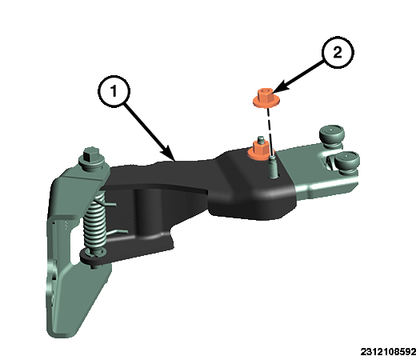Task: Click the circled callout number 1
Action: pos(114,91)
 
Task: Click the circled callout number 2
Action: pos(338,52)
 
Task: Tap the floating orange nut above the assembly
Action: pos(266,98)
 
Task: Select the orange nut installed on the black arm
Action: pos(259,151)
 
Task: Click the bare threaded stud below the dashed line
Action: pos(274,168)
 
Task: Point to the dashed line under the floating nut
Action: pos(270,132)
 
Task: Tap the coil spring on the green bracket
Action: pos(94,222)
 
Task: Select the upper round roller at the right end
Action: pos(331,134)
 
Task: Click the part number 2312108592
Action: pos(388,351)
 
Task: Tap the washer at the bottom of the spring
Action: pos(94,254)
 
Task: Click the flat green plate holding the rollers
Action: pos(322,171)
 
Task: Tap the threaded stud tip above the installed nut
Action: pos(259,139)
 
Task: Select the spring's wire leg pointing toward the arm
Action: pos(110,205)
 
